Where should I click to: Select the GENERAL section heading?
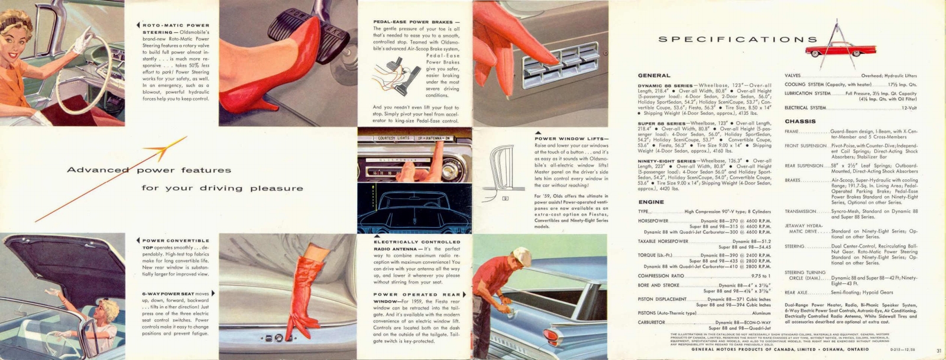[654, 76]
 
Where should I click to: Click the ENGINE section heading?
[651, 202]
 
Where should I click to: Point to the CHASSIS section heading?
[800, 121]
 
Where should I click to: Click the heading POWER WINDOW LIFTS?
[571, 139]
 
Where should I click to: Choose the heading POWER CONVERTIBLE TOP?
[175, 244]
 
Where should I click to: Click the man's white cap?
[522, 255]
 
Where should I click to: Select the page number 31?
[939, 351]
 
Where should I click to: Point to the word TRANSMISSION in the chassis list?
[801, 212]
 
